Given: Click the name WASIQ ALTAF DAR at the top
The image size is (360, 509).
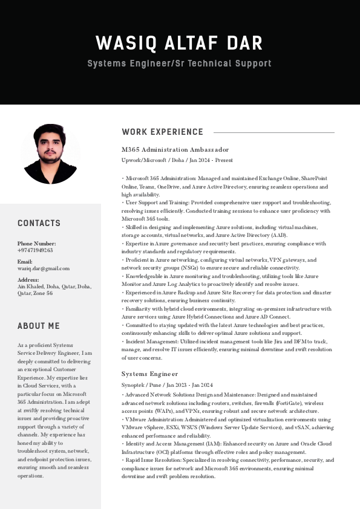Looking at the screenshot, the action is [179, 44].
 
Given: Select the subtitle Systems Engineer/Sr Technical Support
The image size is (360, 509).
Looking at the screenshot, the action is [179, 63].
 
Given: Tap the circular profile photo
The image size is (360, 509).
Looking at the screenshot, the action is [51, 154].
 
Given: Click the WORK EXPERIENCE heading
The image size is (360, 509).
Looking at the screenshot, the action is [162, 132].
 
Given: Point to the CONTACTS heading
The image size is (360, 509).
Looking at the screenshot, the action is [39, 223].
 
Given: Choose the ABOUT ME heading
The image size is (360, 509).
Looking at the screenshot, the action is [38, 326].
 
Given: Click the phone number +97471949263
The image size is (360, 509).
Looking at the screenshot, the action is [35, 250].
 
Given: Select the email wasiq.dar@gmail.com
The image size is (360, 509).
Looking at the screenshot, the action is [44, 268].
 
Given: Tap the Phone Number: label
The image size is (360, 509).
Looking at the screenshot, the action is [37, 244].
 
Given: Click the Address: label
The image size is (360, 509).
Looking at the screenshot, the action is [28, 280].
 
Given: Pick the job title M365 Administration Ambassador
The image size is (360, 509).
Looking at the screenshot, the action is [175, 149].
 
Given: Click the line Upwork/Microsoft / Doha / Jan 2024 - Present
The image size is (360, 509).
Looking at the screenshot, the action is [177, 160].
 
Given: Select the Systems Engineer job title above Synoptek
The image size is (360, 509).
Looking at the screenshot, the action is [149, 374].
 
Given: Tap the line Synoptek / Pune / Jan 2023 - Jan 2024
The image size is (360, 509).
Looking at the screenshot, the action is [167, 385].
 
